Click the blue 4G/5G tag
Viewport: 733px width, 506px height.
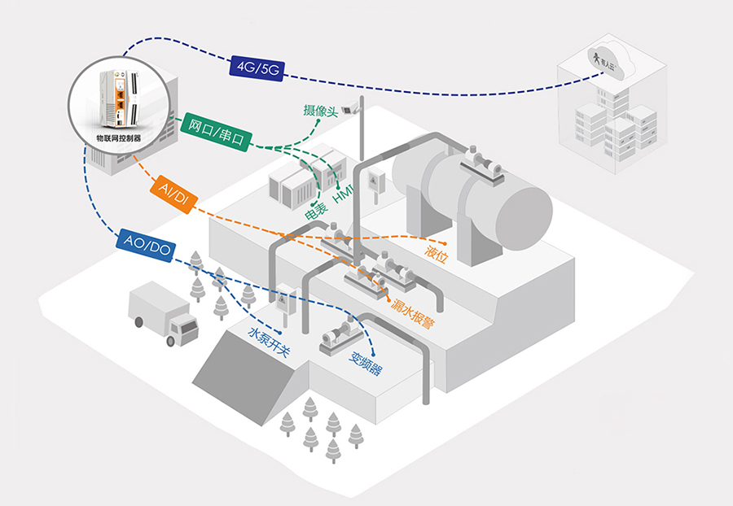tap(257, 68)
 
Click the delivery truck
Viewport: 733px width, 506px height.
tap(163, 313)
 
